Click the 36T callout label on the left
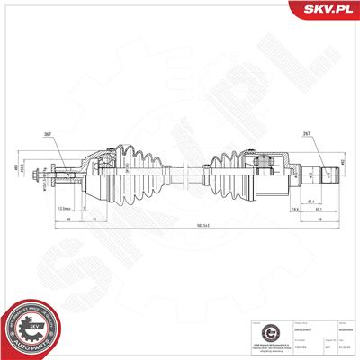click(47, 135)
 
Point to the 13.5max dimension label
click(63, 208)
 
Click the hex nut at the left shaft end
click(33, 174)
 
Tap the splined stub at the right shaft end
click(326, 173)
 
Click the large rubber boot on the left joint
click(130, 173)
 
